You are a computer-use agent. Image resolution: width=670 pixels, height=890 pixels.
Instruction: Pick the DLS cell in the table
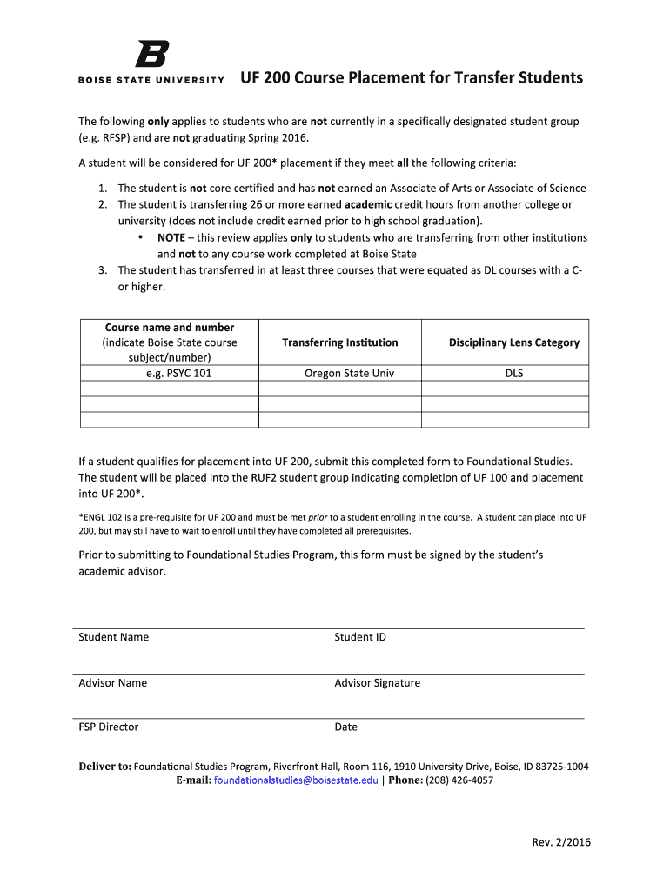tap(514, 374)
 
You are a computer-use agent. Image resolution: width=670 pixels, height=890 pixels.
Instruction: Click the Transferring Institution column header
tap(340, 342)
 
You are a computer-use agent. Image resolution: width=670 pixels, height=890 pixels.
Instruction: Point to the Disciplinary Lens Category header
tap(514, 342)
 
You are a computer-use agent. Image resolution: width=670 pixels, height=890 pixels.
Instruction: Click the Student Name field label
tap(113, 637)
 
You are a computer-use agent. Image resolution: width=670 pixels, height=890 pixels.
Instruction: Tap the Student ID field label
tap(360, 637)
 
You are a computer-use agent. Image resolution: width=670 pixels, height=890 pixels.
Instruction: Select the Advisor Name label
tap(112, 683)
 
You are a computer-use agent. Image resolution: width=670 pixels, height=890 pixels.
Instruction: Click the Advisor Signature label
tap(377, 683)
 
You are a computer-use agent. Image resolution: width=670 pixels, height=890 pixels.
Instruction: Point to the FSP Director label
tap(108, 727)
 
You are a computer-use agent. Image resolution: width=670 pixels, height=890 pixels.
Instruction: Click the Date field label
tap(345, 727)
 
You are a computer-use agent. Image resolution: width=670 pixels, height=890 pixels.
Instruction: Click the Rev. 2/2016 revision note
tap(561, 842)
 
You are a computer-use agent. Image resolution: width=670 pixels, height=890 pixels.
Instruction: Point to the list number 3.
tap(102, 270)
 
